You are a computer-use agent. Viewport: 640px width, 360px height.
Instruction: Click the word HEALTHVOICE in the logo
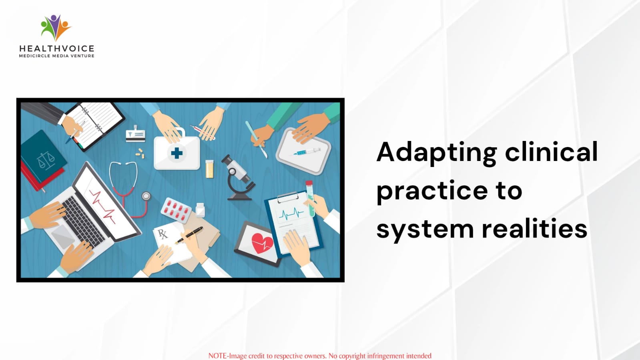[56, 48]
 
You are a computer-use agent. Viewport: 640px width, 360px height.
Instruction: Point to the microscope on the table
[238, 177]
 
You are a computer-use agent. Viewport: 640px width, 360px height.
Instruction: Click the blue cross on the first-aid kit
[177, 153]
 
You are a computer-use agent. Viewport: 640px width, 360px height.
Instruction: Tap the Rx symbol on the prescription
[162, 234]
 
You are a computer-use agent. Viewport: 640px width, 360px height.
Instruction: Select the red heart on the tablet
[262, 243]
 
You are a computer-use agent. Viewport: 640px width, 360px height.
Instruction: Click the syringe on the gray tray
[306, 152]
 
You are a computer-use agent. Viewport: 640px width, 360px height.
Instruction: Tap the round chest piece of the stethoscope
[146, 196]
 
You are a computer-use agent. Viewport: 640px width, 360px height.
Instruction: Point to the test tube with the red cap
[310, 199]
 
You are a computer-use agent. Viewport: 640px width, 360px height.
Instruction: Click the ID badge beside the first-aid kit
[135, 134]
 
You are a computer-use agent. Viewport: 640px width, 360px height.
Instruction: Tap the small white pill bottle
[200, 210]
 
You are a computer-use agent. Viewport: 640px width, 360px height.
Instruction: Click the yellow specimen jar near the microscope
[209, 169]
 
